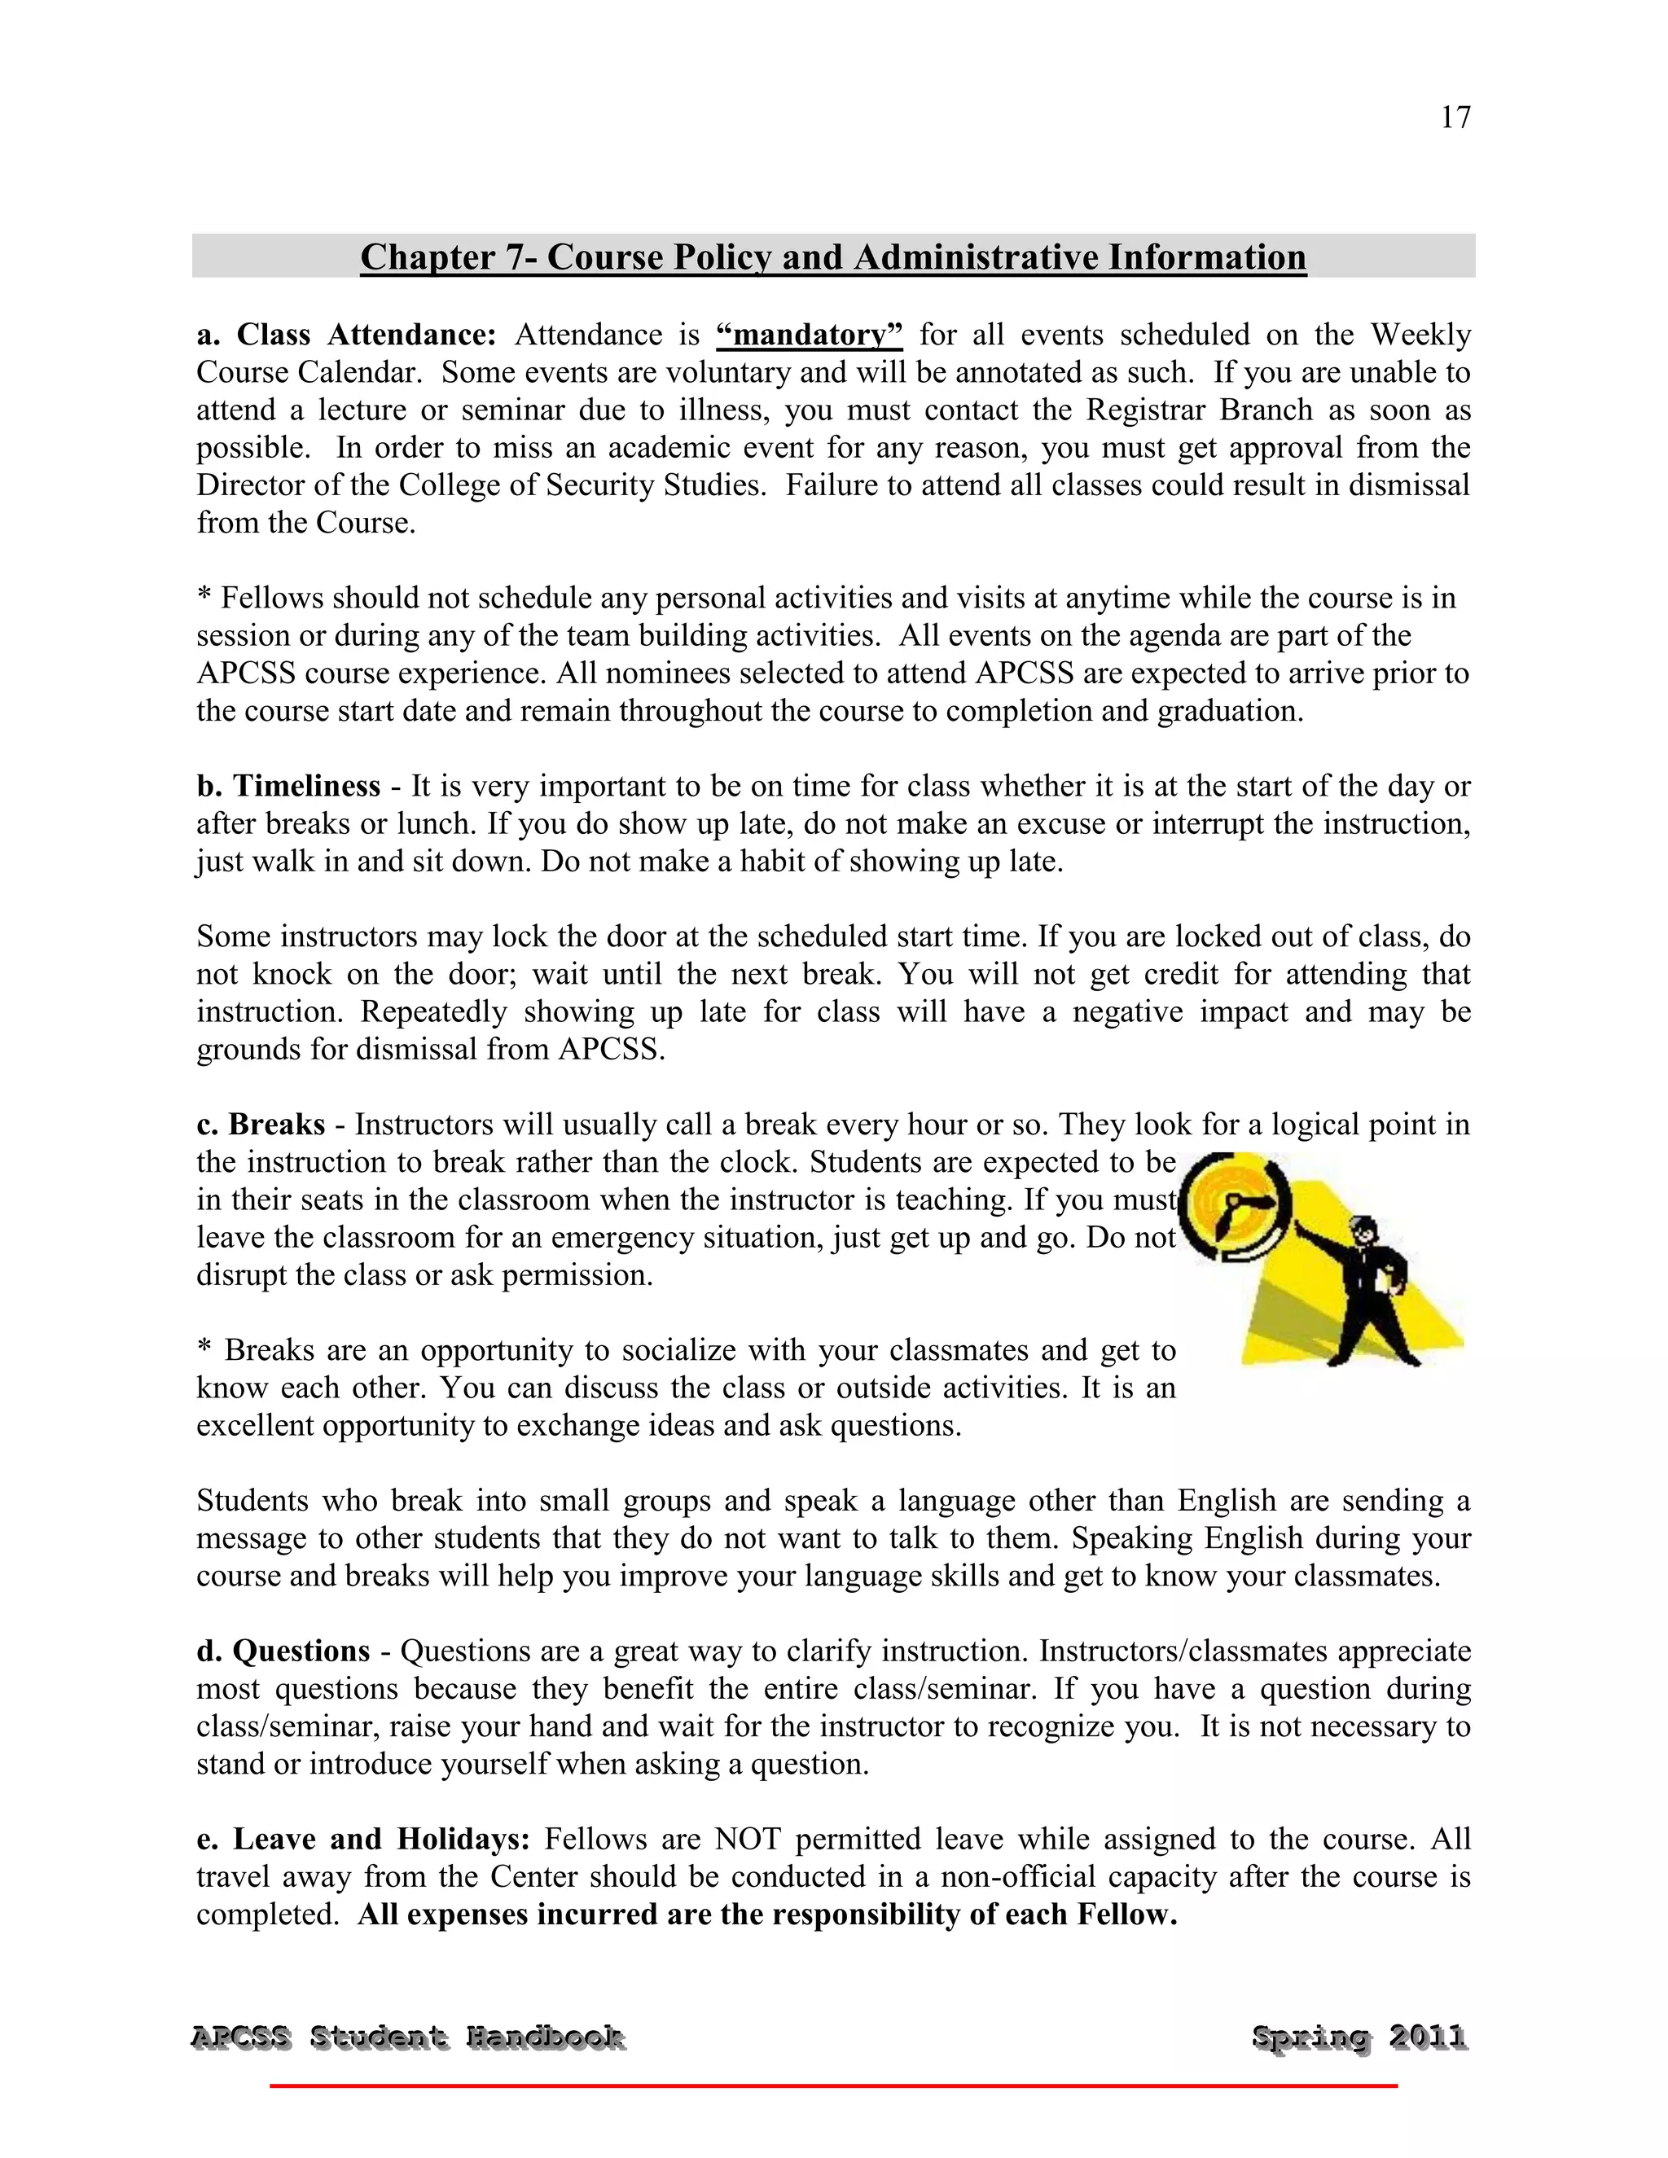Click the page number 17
pyautogui.click(x=1455, y=117)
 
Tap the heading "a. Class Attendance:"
pyautogui.click(x=346, y=335)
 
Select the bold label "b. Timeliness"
pyautogui.click(x=288, y=787)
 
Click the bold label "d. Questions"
pyautogui.click(x=283, y=1651)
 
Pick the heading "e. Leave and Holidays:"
pyautogui.click(x=363, y=1839)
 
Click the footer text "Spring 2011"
pyautogui.click(x=1359, y=2037)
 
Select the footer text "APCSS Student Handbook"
pyautogui.click(x=407, y=2037)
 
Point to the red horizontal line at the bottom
pyautogui.click(x=833, y=2086)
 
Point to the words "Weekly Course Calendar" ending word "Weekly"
pyautogui.click(x=1419, y=335)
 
